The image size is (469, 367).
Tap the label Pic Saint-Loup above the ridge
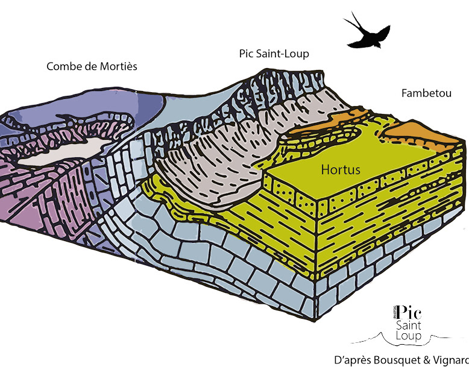click(x=274, y=54)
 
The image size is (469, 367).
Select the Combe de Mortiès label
click(x=92, y=66)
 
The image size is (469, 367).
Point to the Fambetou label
click(x=426, y=93)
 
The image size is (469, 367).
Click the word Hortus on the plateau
click(x=341, y=170)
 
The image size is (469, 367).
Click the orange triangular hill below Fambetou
click(x=422, y=134)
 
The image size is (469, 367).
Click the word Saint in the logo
click(x=409, y=326)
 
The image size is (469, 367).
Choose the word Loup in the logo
click(x=409, y=336)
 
